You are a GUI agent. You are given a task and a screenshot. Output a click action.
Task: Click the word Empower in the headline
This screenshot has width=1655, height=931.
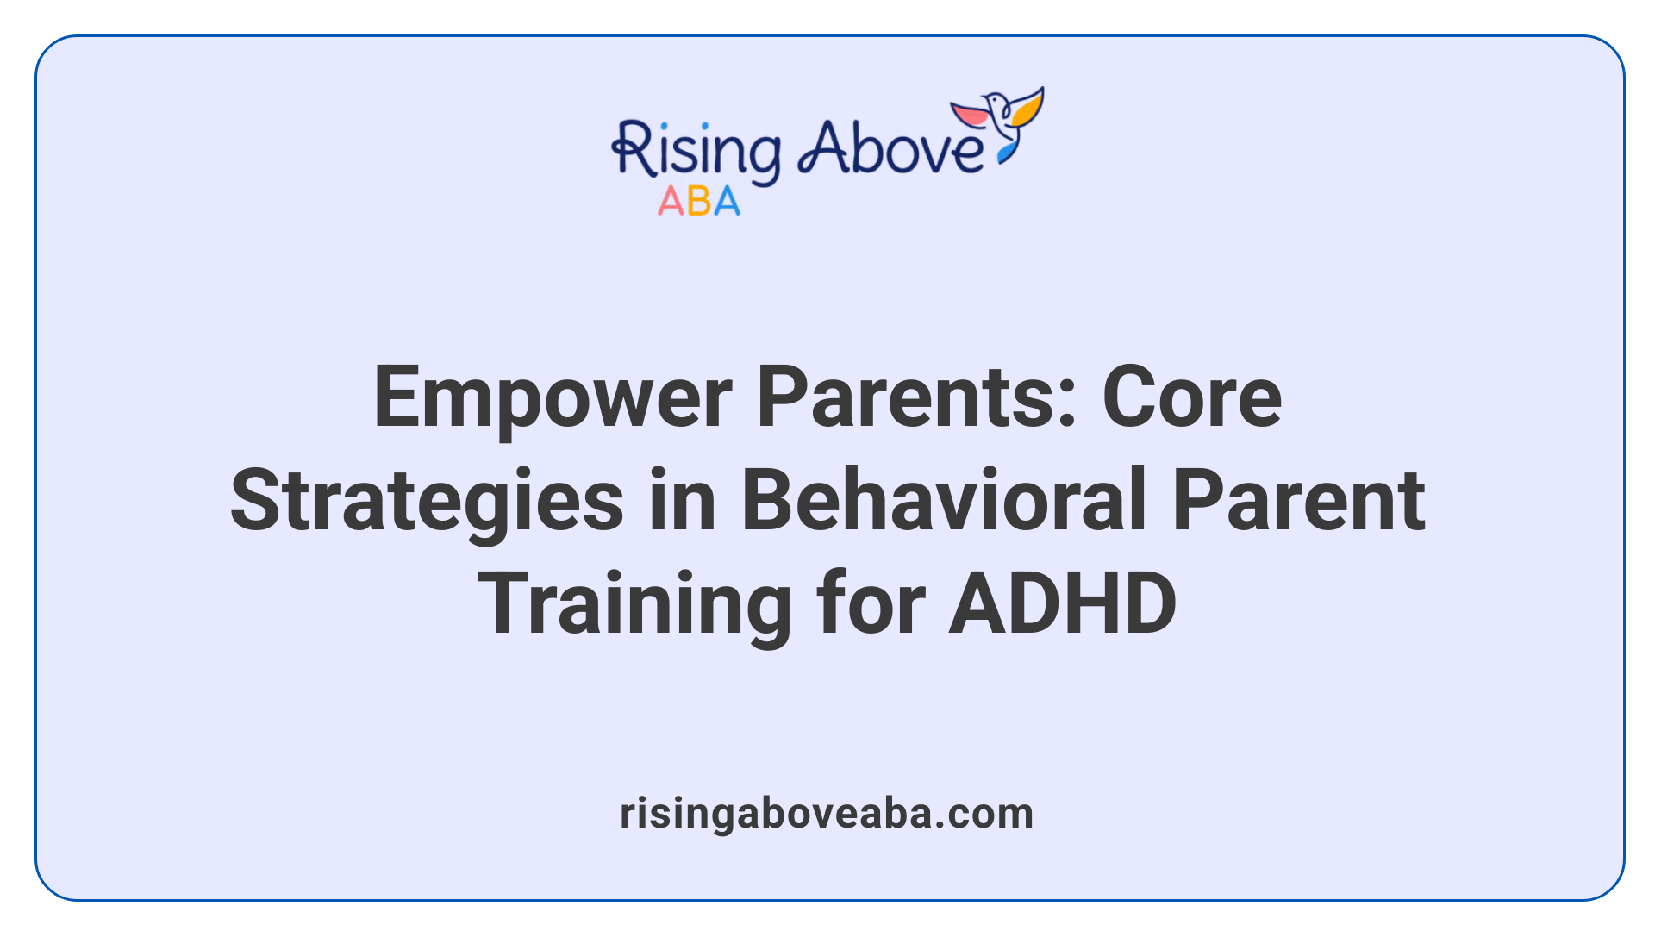click(x=553, y=398)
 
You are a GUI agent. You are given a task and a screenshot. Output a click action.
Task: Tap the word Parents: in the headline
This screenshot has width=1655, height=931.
click(x=916, y=398)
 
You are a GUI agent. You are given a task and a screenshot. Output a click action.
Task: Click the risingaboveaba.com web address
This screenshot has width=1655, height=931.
click(x=827, y=814)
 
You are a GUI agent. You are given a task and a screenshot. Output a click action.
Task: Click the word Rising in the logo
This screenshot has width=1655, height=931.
click(x=696, y=152)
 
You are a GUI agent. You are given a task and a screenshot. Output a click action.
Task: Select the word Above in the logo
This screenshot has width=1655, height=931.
click(x=890, y=148)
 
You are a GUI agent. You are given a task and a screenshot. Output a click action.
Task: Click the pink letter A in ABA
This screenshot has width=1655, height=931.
click(x=671, y=202)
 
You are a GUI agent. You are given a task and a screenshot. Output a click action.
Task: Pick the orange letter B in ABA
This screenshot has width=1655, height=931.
click(x=699, y=202)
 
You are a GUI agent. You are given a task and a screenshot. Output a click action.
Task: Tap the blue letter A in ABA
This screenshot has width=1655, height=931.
click(x=726, y=202)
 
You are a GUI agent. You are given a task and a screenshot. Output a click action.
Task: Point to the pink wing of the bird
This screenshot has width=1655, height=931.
click(x=971, y=115)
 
